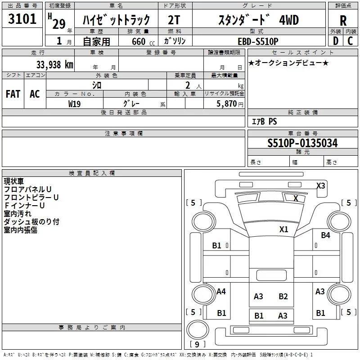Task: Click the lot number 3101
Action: coord(22,19)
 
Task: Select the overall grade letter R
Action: coord(343,21)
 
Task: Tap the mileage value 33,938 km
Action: coord(54,65)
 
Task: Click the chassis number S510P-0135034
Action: coord(302,143)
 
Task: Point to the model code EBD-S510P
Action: coord(258,41)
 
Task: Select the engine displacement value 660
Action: coord(139,42)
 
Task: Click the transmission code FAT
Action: coord(13,94)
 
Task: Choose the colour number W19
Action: coord(75,103)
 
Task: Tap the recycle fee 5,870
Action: coord(227,103)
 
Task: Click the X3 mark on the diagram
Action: coord(320,185)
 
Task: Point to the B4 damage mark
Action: coord(325,235)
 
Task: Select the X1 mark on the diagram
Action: coord(283,229)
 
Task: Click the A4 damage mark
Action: coord(221,292)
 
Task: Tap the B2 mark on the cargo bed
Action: coord(283,296)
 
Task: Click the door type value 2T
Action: coord(174,20)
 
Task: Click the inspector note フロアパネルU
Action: coord(28,189)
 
